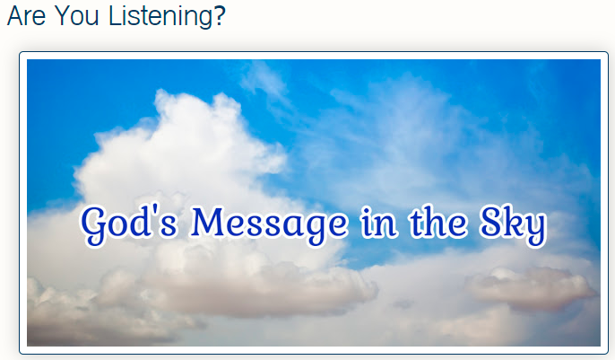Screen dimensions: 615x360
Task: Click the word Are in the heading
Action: (x=27, y=15)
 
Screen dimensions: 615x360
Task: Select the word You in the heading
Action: (x=77, y=15)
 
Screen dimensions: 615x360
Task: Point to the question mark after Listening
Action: (x=220, y=15)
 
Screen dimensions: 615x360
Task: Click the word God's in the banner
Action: (x=130, y=224)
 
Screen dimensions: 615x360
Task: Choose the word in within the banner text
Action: (x=379, y=222)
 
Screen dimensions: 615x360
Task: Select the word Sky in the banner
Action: (x=513, y=225)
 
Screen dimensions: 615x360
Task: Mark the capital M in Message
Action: (x=211, y=222)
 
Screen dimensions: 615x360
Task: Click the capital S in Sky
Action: (x=492, y=222)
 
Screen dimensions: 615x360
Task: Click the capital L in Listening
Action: (x=116, y=15)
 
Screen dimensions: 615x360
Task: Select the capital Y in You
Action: (x=63, y=15)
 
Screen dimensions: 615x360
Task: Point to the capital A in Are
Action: (x=16, y=15)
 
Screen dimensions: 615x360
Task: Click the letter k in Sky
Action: (x=514, y=222)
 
